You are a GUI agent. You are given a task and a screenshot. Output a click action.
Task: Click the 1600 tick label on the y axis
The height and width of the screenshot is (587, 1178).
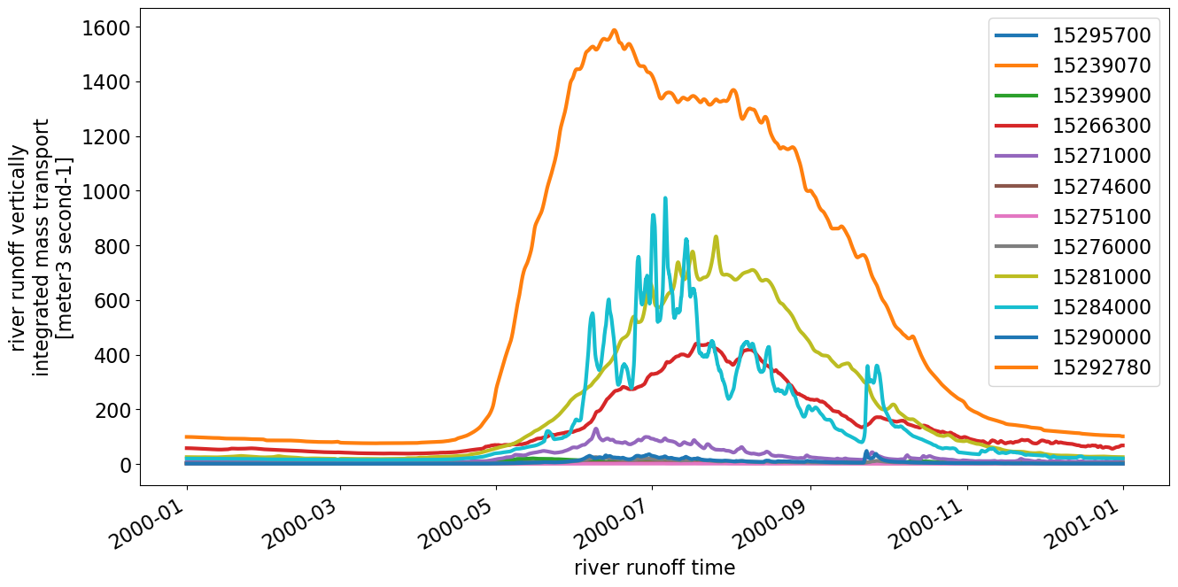tap(106, 28)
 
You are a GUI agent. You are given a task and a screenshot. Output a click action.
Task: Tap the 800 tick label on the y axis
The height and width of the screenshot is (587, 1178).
tap(112, 246)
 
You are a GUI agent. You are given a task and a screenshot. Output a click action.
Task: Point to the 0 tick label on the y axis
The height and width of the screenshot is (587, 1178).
tap(124, 465)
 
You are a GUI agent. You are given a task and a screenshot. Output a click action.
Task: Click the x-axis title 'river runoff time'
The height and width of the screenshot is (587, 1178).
tap(654, 568)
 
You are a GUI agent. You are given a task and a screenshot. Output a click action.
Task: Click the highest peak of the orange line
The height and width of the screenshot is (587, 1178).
tap(615, 30)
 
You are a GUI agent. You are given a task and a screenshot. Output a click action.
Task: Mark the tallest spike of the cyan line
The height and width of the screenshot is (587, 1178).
tap(665, 198)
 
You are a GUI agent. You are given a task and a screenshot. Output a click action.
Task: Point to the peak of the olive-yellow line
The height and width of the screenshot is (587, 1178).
tap(716, 237)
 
